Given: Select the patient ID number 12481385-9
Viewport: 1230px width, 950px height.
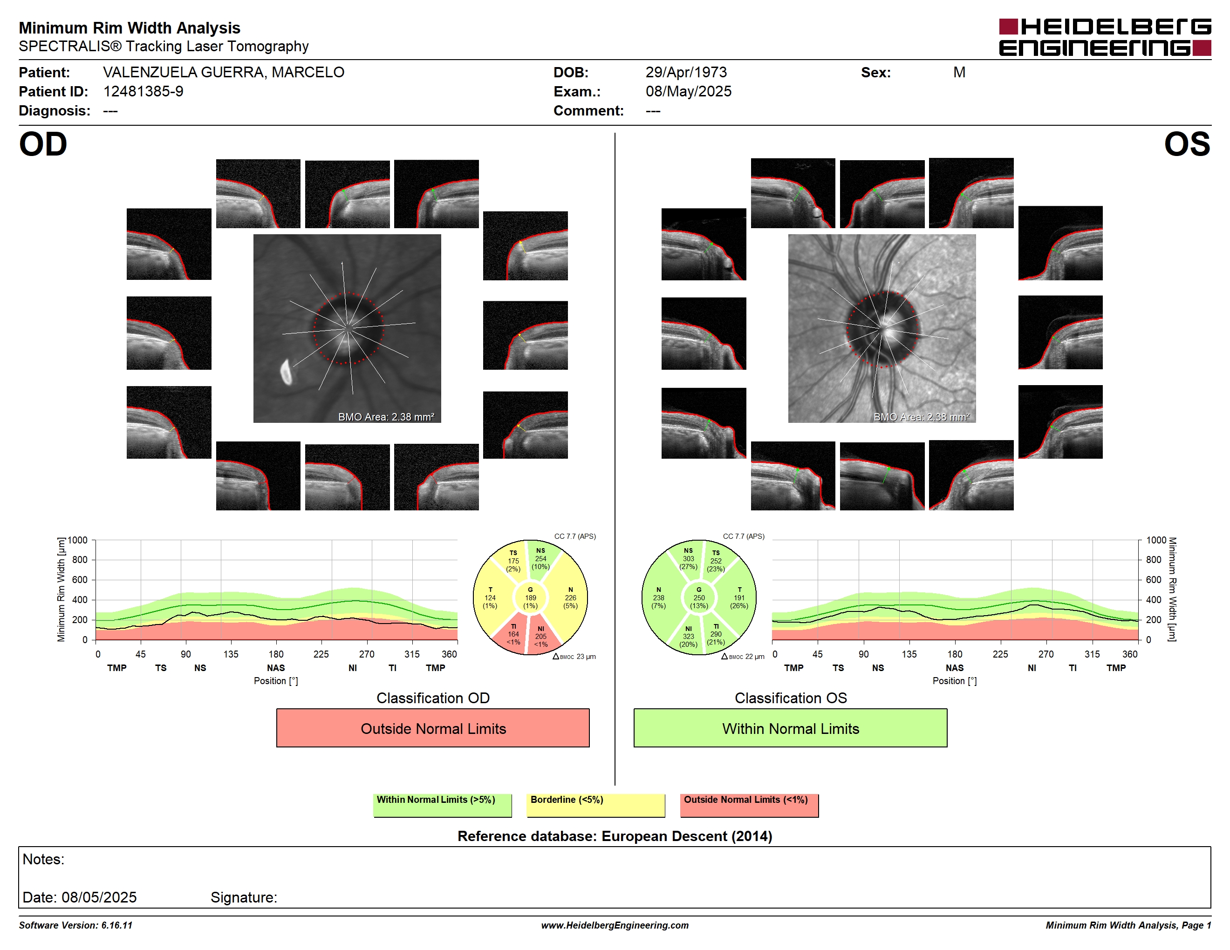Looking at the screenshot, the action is [x=143, y=91].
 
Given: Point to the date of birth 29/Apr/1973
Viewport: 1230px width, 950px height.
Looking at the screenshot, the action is [x=686, y=72].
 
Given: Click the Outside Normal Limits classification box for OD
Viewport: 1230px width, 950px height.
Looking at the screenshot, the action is [x=432, y=728].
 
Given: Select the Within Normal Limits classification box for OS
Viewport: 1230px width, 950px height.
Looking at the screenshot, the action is [x=790, y=728].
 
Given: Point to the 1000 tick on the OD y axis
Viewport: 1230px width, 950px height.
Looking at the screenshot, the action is [x=78, y=540].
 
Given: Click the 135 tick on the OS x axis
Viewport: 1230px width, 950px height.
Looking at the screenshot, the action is [x=909, y=654].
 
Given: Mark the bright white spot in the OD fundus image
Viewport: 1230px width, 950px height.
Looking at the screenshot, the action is [x=286, y=372].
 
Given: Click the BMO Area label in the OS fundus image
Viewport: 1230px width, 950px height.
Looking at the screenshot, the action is [x=922, y=417].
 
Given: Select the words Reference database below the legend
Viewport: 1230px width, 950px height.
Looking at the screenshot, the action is [x=526, y=836].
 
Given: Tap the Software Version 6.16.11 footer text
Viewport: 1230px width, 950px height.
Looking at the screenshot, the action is [x=75, y=925].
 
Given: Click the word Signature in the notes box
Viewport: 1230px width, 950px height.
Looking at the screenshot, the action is [x=243, y=897].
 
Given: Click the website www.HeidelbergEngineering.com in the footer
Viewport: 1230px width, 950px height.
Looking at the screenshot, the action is [x=615, y=925].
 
